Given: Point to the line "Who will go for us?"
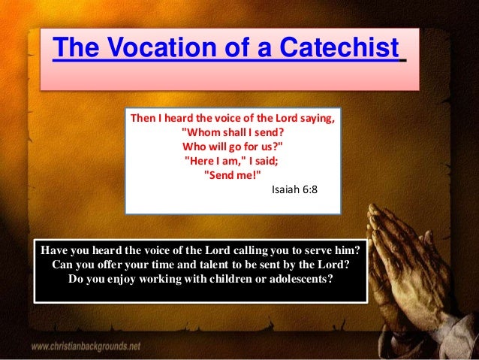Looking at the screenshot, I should coord(233,146).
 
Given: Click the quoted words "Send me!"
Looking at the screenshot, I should coord(233,174).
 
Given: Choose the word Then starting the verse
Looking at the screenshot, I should coord(144,119).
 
